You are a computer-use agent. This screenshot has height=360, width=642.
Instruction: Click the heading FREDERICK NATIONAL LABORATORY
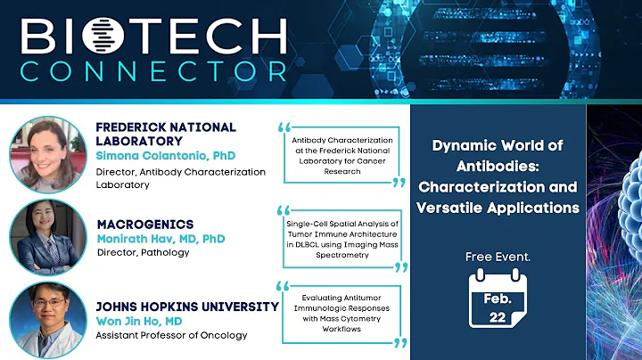coord(166,134)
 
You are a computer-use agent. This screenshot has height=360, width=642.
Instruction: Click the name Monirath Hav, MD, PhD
coord(160,239)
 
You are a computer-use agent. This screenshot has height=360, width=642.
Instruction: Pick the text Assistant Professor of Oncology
coord(170,336)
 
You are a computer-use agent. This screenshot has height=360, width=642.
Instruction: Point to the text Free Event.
coord(498,257)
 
